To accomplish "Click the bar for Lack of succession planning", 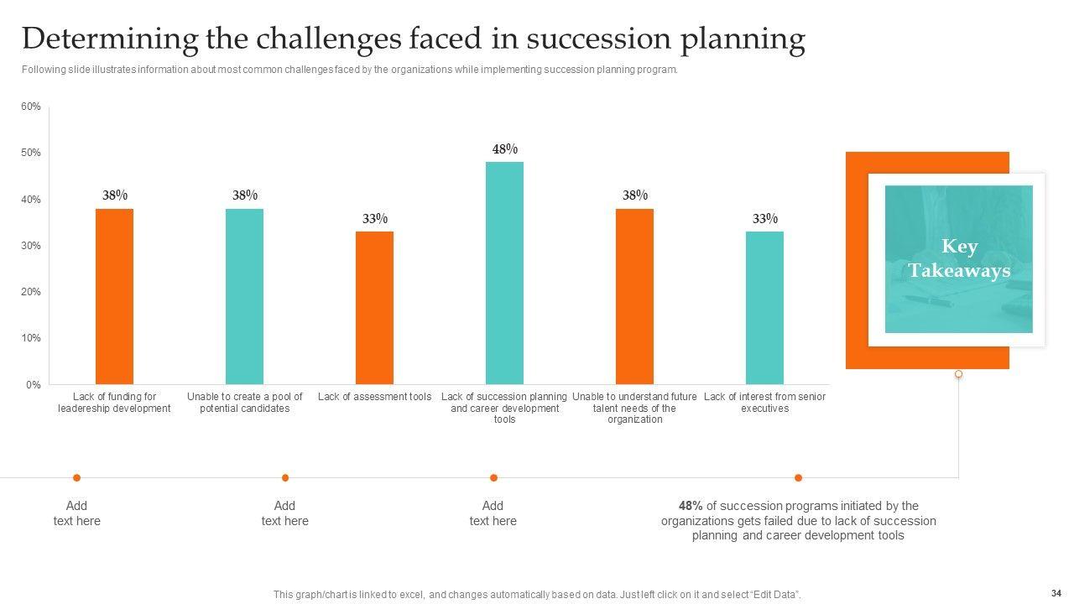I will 504,273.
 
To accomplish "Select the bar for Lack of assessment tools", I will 374,308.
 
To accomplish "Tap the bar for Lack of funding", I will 114,296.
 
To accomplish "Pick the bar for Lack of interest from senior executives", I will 764,308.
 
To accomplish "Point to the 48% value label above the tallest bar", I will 504,149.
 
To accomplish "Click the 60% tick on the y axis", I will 31,107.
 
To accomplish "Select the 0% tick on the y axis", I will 33,385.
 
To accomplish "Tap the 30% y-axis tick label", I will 31,246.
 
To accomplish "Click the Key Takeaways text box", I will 958,258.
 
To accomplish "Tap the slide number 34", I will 1056,593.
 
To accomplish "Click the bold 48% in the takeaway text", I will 691,506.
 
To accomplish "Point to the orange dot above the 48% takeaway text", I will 798,478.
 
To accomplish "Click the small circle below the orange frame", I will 958,374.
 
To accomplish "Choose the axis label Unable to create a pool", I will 244,403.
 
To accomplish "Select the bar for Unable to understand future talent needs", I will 634,296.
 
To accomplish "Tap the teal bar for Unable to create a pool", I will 244,296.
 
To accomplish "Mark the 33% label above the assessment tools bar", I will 374,219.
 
